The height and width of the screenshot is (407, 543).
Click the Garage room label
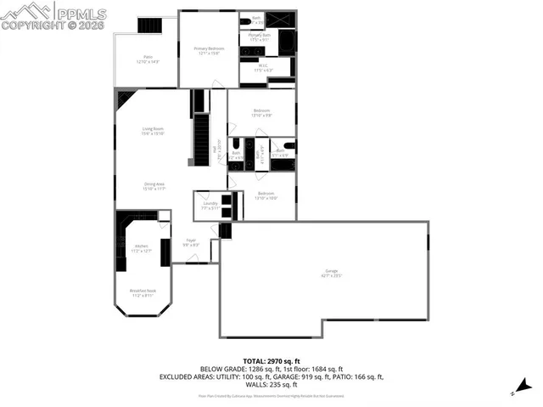[324, 274]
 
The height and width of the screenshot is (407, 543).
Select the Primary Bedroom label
[208, 51]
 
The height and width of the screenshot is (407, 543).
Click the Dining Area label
[154, 186]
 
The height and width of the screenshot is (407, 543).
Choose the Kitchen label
[141, 248]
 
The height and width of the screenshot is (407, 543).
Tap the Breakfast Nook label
[141, 293]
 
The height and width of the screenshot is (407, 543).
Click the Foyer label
[192, 242]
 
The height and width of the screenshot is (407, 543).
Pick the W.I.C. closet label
[263, 68]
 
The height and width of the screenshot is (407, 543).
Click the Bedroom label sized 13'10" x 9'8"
[261, 113]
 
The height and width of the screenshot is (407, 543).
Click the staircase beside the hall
[202, 140]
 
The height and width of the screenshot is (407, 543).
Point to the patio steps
[149, 25]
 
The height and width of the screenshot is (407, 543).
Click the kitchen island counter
[165, 252]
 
